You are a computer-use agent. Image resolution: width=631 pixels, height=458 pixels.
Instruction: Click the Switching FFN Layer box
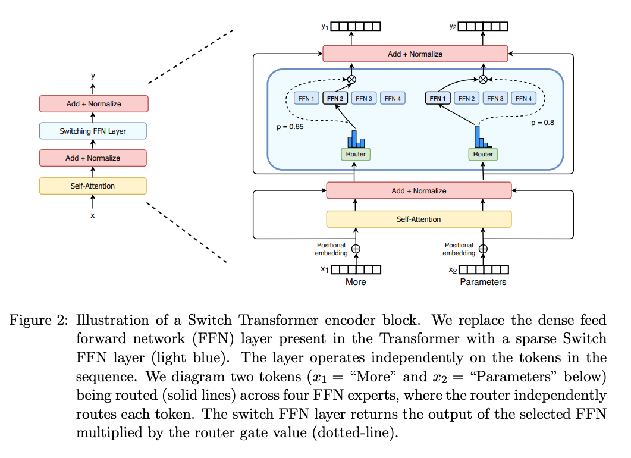[93, 131]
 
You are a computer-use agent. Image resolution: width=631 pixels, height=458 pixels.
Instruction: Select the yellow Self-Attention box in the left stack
[93, 186]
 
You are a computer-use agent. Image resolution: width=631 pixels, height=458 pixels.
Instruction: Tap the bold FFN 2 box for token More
[335, 98]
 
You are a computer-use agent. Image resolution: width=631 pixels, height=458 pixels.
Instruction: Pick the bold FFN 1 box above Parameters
[438, 98]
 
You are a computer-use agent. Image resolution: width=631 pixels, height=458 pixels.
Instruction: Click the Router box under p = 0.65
[356, 154]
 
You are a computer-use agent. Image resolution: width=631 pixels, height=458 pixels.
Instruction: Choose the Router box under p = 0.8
[483, 154]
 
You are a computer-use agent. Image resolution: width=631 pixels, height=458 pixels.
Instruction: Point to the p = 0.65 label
[290, 127]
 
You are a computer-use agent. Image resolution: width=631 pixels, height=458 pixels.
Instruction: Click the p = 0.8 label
[542, 123]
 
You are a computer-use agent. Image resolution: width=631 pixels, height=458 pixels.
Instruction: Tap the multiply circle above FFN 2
[351, 79]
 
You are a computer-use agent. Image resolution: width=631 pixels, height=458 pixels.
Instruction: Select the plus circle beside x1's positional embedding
[356, 249]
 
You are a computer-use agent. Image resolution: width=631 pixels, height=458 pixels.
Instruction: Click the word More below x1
[356, 282]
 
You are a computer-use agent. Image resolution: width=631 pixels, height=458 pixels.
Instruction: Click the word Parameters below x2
[483, 282]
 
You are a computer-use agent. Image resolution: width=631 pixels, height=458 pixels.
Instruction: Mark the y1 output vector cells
[356, 26]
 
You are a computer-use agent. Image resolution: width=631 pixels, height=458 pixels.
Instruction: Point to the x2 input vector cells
[484, 269]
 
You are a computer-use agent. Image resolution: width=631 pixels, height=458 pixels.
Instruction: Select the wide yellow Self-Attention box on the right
[419, 219]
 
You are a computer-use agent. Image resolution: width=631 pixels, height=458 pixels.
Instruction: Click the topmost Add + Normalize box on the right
[415, 54]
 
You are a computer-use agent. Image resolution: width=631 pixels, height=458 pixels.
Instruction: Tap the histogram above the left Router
[356, 139]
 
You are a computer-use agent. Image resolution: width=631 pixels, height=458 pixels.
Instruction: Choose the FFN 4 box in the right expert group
[523, 98]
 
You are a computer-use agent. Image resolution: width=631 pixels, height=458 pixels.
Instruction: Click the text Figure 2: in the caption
[39, 321]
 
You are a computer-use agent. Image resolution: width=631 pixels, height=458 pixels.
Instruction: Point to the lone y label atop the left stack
[93, 76]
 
